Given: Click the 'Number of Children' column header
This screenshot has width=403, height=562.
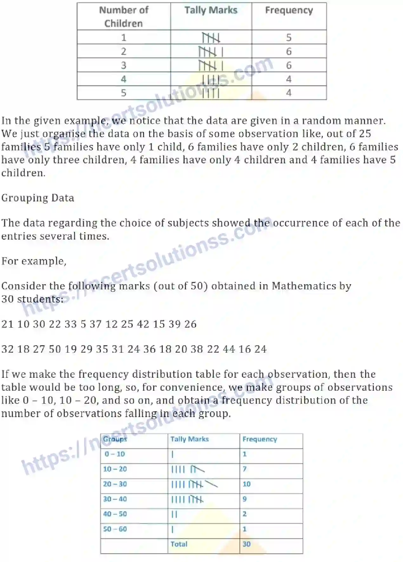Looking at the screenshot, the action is [x=123, y=16].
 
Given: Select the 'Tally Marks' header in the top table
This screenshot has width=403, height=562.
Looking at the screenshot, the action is [x=211, y=10].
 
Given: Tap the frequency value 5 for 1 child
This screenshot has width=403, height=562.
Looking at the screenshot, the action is [x=288, y=37].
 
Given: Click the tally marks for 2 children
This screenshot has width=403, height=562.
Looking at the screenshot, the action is [x=211, y=51].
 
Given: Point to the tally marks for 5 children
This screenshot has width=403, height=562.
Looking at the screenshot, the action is [x=211, y=93].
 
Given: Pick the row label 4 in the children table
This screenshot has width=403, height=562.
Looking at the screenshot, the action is [x=123, y=79].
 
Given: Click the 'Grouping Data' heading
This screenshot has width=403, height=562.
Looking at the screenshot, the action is [x=38, y=198].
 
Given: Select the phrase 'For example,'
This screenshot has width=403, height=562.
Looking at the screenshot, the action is [x=34, y=261].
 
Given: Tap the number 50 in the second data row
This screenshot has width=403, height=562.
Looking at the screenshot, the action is [x=55, y=349].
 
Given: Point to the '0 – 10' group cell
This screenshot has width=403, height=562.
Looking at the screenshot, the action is [x=115, y=454].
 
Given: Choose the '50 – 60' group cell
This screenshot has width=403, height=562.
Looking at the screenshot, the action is [x=115, y=529].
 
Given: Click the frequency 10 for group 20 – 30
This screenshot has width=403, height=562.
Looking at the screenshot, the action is [x=247, y=484].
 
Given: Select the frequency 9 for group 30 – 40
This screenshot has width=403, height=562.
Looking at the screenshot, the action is [x=245, y=499].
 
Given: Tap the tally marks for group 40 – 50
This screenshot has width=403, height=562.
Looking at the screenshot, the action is [x=174, y=514].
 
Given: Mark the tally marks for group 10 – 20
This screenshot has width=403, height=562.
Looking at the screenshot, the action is [x=187, y=469].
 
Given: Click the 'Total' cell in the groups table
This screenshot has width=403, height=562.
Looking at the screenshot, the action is [x=179, y=544].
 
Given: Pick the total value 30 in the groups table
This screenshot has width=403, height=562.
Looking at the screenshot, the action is [x=247, y=544].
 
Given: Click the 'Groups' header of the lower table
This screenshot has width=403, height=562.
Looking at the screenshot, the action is [x=115, y=439].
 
